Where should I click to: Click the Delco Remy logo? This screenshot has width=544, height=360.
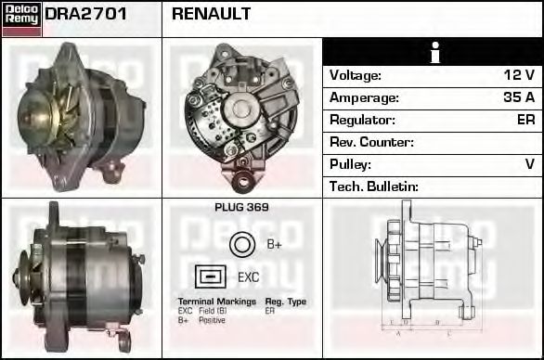(x=21, y=18)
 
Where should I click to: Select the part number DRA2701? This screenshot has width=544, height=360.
(x=86, y=14)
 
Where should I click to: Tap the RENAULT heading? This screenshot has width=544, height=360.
(x=211, y=14)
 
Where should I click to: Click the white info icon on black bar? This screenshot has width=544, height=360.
(x=433, y=52)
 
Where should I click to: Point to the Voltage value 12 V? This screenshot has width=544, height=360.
(x=518, y=75)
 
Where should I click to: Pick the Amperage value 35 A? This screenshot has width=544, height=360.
(x=517, y=97)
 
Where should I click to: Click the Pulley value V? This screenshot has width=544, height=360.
(x=529, y=164)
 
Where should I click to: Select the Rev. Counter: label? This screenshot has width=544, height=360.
(x=371, y=142)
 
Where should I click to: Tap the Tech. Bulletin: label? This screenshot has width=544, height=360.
(x=374, y=186)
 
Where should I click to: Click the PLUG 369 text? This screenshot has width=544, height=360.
(x=241, y=208)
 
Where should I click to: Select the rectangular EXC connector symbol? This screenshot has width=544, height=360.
(x=211, y=276)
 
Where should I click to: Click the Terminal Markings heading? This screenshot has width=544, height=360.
(x=215, y=302)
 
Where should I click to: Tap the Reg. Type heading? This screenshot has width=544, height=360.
(x=286, y=302)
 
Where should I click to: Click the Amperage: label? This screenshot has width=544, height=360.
(x=364, y=97)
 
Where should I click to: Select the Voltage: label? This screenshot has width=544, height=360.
(x=356, y=75)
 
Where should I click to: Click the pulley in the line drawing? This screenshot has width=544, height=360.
(x=382, y=259)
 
